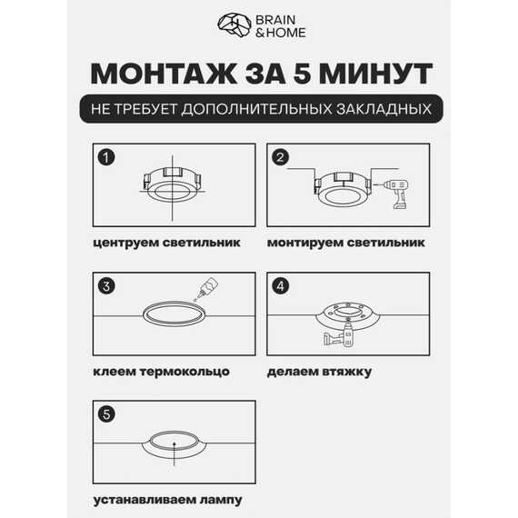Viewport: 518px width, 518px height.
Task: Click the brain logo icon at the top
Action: pyautogui.click(x=234, y=25)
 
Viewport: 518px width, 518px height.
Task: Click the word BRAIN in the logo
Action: pyautogui.click(x=275, y=20)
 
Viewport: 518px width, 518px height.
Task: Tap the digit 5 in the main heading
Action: pyautogui.click(x=303, y=74)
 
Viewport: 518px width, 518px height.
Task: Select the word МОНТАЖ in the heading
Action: pyautogui.click(x=164, y=74)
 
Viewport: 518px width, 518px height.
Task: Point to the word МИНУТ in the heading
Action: pyautogui.click(x=376, y=74)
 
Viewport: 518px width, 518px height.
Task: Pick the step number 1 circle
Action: pyautogui.click(x=106, y=157)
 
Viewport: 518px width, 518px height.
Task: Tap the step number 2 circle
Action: pyautogui.click(x=280, y=157)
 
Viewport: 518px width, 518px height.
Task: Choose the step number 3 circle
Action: pyautogui.click(x=106, y=286)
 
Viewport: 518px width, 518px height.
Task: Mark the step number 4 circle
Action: pyautogui.click(x=280, y=286)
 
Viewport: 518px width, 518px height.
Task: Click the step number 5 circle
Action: pyautogui.click(x=106, y=414)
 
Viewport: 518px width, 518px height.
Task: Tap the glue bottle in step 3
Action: pyautogui.click(x=207, y=288)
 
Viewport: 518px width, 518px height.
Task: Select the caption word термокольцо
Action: pyautogui.click(x=184, y=372)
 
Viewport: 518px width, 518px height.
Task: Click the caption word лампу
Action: pyautogui.click(x=222, y=500)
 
